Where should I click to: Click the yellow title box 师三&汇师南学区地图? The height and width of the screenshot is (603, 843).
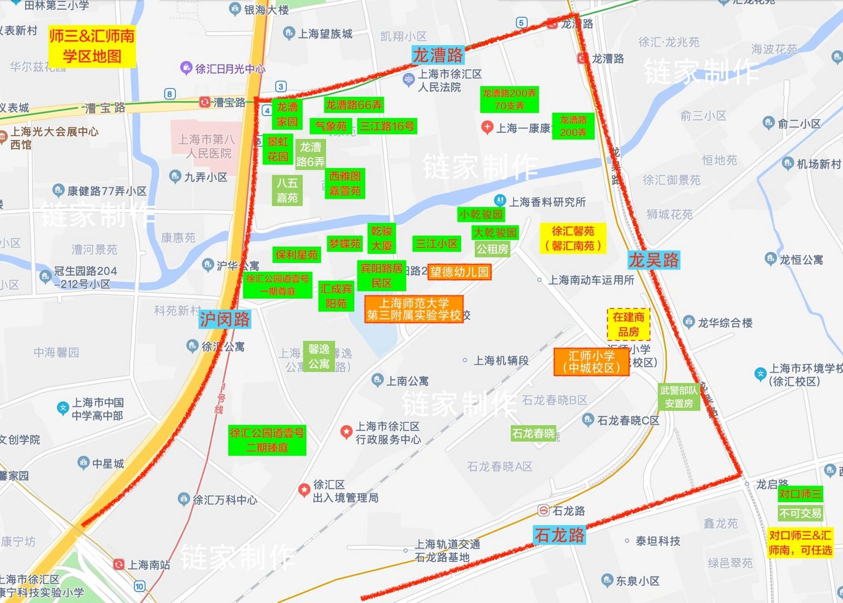tap(92, 46)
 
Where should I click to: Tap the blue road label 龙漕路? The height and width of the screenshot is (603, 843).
tap(438, 56)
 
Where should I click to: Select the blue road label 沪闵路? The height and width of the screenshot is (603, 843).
tap(225, 319)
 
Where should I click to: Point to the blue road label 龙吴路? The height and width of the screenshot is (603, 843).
tap(654, 260)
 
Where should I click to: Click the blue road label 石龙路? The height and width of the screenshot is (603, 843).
tap(559, 535)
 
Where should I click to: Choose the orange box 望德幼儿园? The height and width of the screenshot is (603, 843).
tap(459, 272)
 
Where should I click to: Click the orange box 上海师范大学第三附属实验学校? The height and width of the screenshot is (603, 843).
tap(414, 309)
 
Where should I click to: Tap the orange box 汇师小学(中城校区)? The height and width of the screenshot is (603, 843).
tap(592, 362)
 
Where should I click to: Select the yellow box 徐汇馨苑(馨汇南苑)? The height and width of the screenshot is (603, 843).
tap(573, 238)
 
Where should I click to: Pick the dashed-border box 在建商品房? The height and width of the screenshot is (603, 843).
tap(628, 324)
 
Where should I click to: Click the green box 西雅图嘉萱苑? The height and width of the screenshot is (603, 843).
tap(345, 183)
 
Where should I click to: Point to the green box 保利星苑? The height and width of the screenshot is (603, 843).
tap(297, 255)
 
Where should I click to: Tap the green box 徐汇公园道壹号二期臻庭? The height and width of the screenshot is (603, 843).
tap(267, 440)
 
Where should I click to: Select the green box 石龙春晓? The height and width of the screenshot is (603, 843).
tap(533, 433)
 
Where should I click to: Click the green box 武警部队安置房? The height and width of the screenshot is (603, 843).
tap(678, 397)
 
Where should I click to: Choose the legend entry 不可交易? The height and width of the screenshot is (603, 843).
tap(800, 513)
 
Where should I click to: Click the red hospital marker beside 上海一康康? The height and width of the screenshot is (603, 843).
tap(487, 127)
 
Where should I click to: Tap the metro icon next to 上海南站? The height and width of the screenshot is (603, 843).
tap(119, 564)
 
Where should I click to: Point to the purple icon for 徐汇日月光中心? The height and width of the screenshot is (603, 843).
tap(186, 68)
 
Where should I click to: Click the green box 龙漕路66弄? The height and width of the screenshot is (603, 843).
tap(354, 105)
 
